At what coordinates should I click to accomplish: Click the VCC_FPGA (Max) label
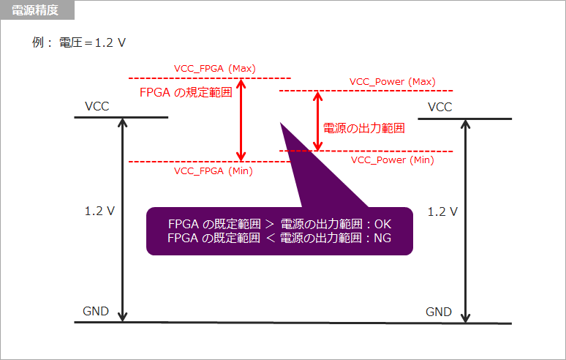point(214,68)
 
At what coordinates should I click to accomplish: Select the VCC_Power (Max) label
point(392,81)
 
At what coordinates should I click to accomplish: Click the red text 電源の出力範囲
point(364,127)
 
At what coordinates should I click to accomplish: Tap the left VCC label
point(97,107)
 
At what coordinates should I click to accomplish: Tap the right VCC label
point(439,107)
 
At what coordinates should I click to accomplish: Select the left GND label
point(96,311)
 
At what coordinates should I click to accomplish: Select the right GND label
point(439,312)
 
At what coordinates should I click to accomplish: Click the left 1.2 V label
point(99,211)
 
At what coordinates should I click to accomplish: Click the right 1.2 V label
point(442,211)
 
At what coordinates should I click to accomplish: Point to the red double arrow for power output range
point(317,121)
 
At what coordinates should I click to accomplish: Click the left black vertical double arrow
point(123,220)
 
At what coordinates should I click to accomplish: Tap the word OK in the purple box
point(383,224)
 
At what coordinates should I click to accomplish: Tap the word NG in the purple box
point(382,238)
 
